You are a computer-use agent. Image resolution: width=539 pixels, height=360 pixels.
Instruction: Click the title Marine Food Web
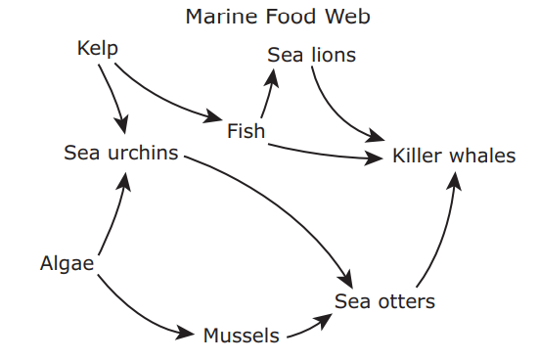pyautogui.click(x=278, y=17)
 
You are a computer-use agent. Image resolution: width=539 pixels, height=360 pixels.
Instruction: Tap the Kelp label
pyautogui.click(x=98, y=48)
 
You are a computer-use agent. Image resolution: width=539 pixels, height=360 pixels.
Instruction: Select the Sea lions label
pyautogui.click(x=311, y=55)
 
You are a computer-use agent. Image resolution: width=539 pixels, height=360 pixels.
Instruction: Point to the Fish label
pyautogui.click(x=247, y=131)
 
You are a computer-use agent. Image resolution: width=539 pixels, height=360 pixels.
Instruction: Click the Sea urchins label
pyautogui.click(x=121, y=153)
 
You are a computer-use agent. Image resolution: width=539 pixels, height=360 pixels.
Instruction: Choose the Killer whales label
pyautogui.click(x=454, y=156)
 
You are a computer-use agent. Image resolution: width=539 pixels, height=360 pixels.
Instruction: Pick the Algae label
pyautogui.click(x=67, y=264)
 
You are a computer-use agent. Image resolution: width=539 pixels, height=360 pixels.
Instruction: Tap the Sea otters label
pyautogui.click(x=384, y=301)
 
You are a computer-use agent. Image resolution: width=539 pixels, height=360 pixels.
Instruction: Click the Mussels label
pyautogui.click(x=242, y=336)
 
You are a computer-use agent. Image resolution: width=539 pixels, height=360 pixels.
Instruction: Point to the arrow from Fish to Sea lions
pyautogui.click(x=268, y=93)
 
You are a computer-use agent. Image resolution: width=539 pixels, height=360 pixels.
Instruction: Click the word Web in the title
pyautogui.click(x=348, y=17)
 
